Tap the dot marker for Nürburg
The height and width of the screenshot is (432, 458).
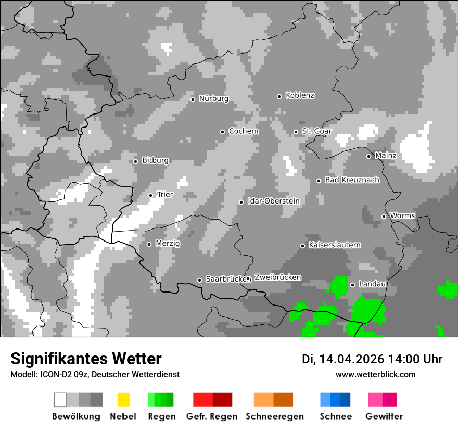[193, 99]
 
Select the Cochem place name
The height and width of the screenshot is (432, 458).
[244, 131]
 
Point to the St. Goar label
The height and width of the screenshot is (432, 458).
[316, 131]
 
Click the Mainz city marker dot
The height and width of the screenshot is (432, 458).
[368, 156]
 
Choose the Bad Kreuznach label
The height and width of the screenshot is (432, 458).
[352, 180]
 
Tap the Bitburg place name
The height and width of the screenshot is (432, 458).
[155, 161]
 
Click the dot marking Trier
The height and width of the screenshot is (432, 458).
[150, 196]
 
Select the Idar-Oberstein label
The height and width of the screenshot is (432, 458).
[274, 201]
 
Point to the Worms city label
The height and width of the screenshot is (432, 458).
[402, 216]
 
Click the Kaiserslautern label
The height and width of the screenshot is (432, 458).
[334, 245]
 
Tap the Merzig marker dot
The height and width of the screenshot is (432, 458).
[149, 244]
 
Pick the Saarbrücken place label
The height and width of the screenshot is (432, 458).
[225, 279]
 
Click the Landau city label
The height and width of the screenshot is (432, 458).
[372, 284]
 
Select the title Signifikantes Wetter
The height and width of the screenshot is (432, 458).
[86, 359]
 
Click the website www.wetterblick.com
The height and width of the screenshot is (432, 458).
[375, 374]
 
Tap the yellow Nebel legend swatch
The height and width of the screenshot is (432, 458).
[123, 400]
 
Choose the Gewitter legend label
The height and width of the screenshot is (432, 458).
[384, 416]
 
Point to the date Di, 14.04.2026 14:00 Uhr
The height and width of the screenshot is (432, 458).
[372, 359]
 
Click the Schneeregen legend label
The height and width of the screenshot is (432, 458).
[274, 416]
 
